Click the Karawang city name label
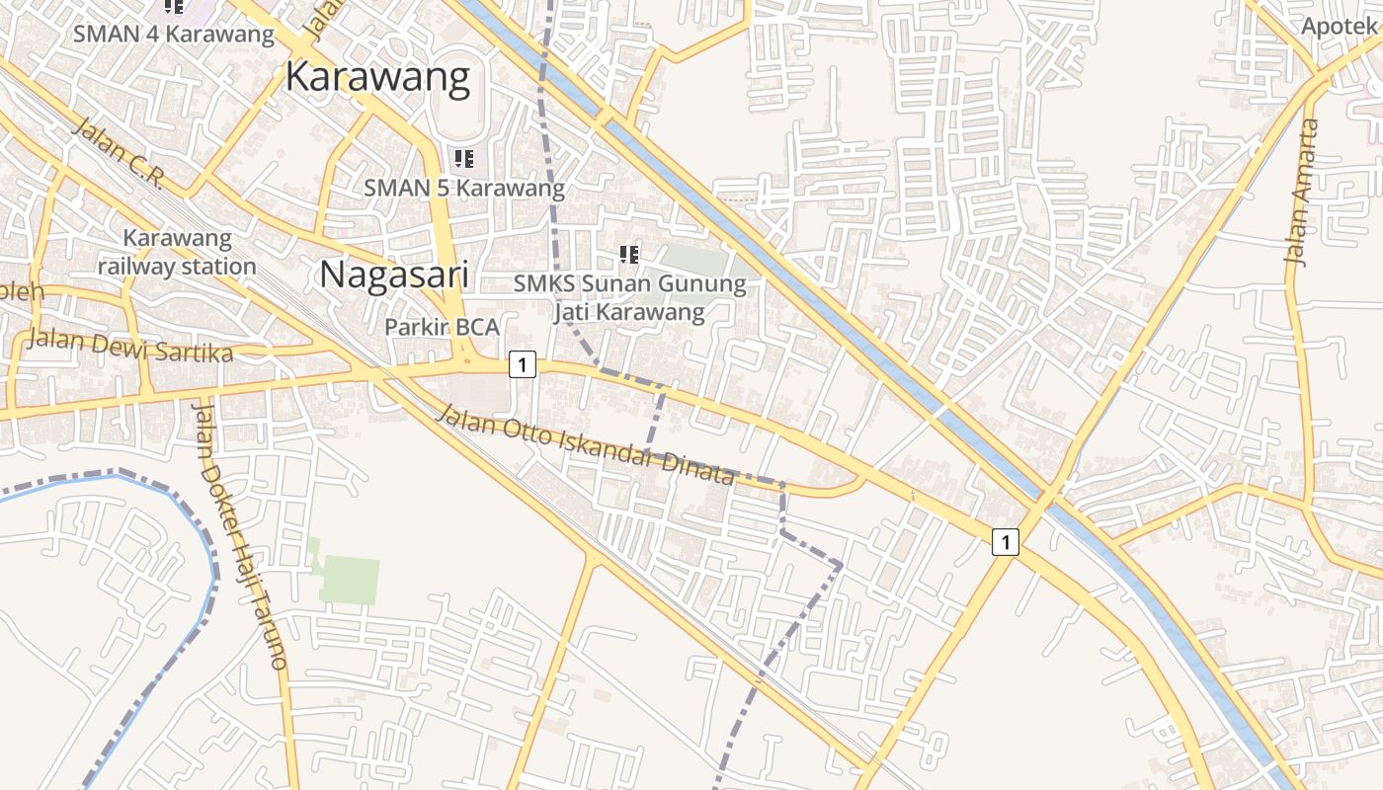[x=377, y=77]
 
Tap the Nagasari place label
[x=393, y=274]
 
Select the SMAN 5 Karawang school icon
[x=463, y=158]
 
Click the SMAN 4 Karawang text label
[x=174, y=34]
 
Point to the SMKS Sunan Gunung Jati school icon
[x=628, y=255]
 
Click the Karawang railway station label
[x=177, y=253]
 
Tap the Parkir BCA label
[x=442, y=327]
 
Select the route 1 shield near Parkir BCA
[x=522, y=365]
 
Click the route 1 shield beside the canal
[x=1005, y=541]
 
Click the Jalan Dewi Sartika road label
[x=130, y=347]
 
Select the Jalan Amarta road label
[x=1302, y=193]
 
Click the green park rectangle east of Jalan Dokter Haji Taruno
[x=349, y=580]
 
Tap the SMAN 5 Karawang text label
[x=464, y=188]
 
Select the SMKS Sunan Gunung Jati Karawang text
[x=629, y=298]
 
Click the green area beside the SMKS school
[x=696, y=263]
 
